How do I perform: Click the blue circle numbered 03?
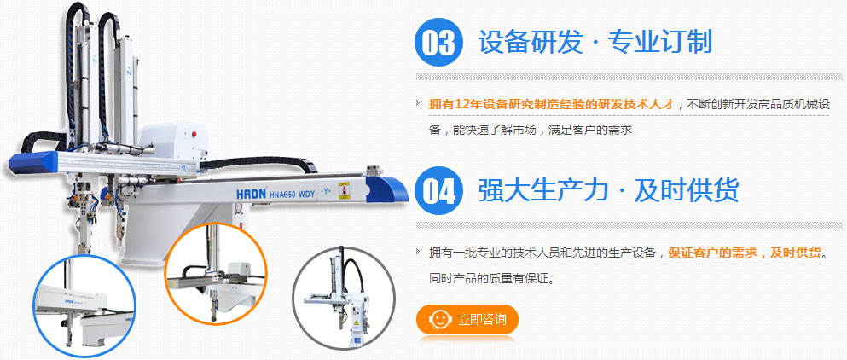[438, 42]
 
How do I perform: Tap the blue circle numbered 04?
[438, 191]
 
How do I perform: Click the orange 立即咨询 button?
[467, 319]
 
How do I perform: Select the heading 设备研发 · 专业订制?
[595, 42]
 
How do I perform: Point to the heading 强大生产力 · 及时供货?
[608, 190]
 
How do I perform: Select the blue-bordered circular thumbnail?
[84, 306]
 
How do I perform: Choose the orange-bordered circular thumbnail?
[216, 274]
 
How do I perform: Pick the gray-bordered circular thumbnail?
[344, 298]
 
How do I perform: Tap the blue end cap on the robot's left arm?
[33, 162]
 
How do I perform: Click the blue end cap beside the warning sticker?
[386, 190]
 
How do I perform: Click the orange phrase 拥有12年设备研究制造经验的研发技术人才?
[552, 104]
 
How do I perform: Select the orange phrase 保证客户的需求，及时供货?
[745, 253]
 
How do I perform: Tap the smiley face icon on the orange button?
[438, 319]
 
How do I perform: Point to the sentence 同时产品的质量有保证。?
[492, 279]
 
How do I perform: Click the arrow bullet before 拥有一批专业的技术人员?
[419, 252]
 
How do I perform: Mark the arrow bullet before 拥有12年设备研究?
[419, 103]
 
